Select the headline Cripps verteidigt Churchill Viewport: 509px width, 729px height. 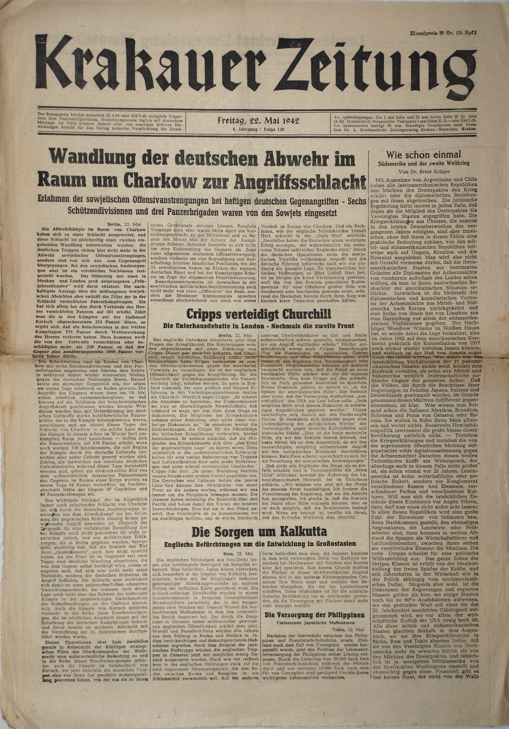click(x=258, y=315)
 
